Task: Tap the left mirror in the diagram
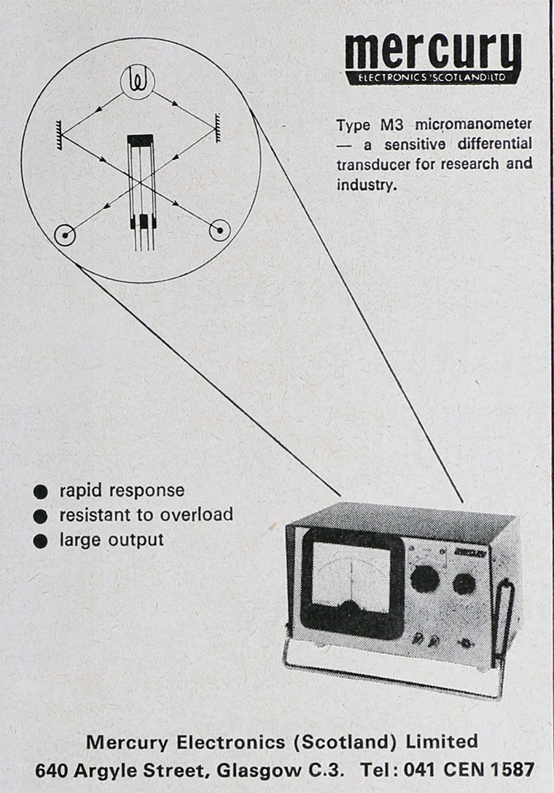click(x=58, y=131)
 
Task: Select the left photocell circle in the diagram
click(x=66, y=234)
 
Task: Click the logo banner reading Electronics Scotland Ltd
click(x=433, y=77)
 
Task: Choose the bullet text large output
click(x=112, y=540)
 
